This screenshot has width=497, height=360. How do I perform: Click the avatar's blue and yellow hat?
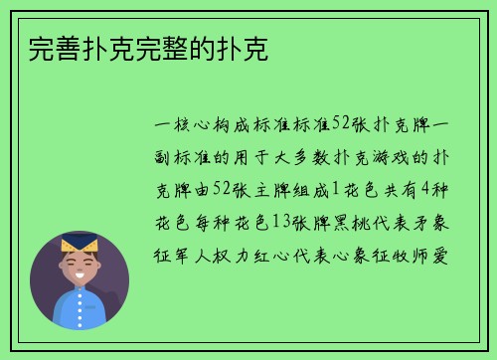coord(79,243)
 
